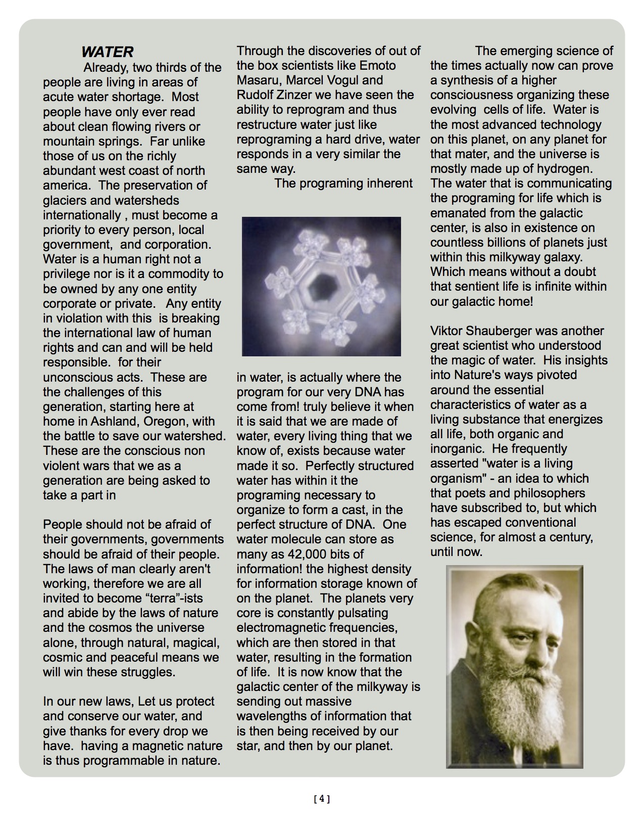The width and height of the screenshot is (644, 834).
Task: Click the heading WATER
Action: [107, 52]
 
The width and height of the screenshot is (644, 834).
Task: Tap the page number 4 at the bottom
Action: [322, 799]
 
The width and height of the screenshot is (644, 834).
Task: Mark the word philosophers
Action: [550, 493]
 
